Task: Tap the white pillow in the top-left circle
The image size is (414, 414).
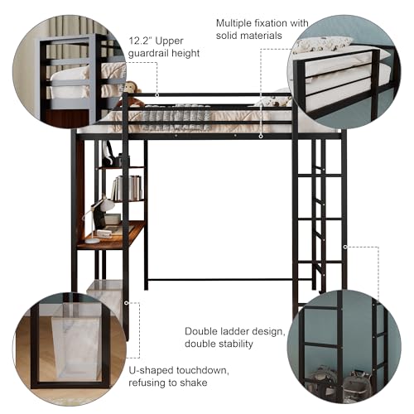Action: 71,75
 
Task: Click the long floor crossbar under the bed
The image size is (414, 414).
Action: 219,280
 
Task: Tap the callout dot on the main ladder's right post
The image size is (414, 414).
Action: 345,247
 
